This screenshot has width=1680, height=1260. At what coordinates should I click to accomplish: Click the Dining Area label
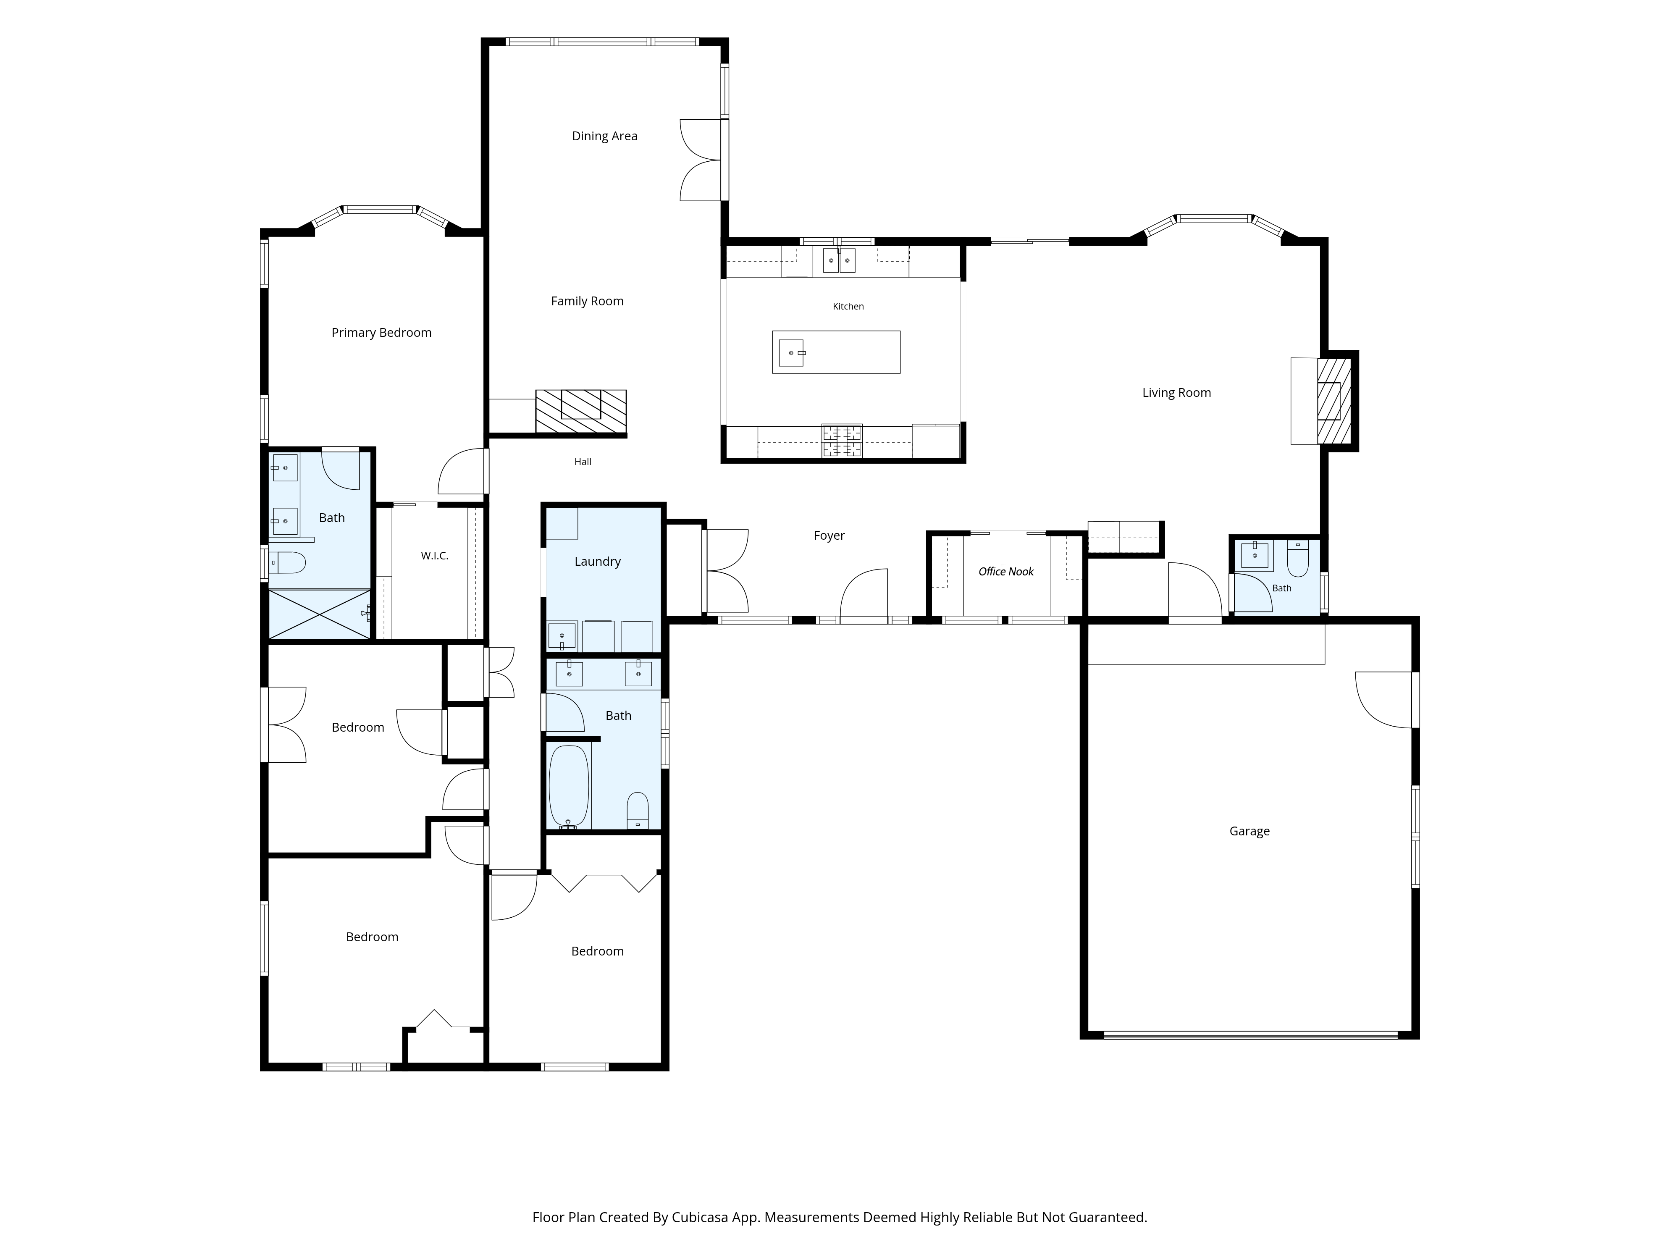[x=604, y=136]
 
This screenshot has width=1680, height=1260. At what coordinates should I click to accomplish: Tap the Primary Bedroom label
[x=381, y=333]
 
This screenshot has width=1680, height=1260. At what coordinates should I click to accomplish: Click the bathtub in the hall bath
[x=568, y=787]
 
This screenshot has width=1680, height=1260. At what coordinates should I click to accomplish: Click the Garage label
[x=1249, y=831]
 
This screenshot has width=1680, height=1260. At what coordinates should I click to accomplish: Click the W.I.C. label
[x=434, y=556]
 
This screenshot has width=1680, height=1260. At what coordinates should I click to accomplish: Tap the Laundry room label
[x=598, y=561]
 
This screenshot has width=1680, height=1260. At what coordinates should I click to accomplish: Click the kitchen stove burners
[x=842, y=441]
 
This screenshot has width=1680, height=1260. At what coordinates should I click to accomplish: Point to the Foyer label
[x=829, y=535]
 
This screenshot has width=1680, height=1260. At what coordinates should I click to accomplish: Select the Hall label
[x=583, y=462]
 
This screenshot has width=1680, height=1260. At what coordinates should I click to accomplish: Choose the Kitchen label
[x=848, y=306]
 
